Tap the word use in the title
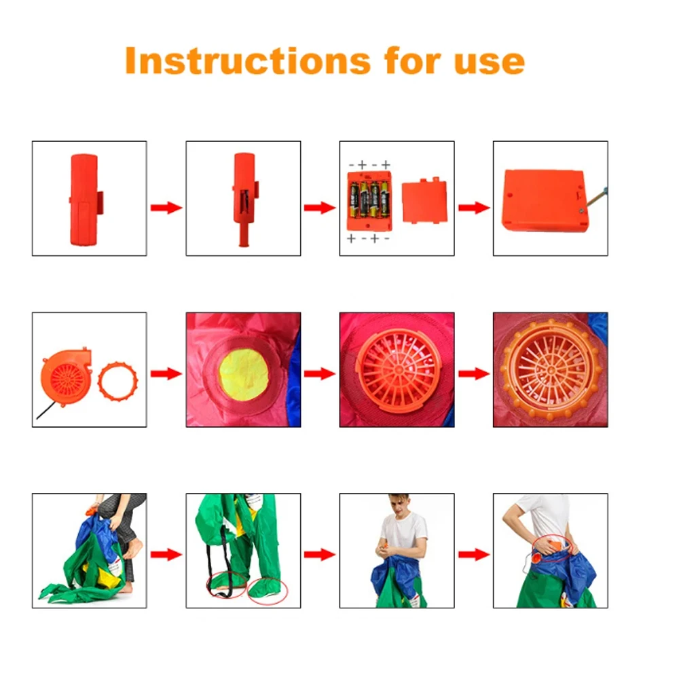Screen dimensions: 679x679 (490, 62)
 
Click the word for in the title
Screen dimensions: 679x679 (412, 60)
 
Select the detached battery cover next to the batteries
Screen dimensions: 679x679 (424, 200)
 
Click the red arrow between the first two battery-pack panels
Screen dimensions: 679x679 (166, 208)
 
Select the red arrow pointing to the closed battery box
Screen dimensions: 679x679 (474, 208)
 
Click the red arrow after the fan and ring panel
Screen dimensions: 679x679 (166, 373)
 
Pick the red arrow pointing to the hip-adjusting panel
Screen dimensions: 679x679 (474, 554)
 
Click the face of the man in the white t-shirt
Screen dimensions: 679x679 (400, 506)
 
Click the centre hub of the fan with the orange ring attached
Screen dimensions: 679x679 (551, 370)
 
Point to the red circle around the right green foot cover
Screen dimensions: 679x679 (268, 590)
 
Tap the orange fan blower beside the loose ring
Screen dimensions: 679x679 (67, 378)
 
